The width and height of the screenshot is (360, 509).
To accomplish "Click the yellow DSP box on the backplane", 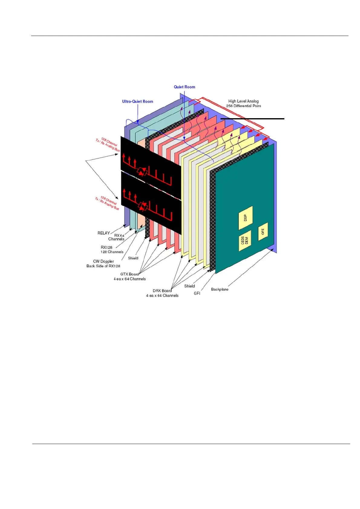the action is click(245, 218).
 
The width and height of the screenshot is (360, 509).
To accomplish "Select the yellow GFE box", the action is click(263, 232).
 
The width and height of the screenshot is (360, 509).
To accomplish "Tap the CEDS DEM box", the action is click(245, 241).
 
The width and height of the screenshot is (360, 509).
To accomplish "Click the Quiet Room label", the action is click(184, 87).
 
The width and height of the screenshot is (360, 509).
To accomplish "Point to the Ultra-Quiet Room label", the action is click(138, 102).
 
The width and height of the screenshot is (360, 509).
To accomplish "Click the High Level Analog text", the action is click(244, 101).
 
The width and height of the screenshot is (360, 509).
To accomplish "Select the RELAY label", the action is click(103, 233).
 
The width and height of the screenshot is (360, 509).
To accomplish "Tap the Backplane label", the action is click(220, 290).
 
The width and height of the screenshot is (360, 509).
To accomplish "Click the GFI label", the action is click(197, 293).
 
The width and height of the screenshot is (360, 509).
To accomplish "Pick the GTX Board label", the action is click(129, 274).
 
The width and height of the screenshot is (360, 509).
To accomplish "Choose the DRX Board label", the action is click(162, 291).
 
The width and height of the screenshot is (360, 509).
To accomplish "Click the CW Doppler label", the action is click(103, 261).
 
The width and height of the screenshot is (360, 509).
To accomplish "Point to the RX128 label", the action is click(106, 248).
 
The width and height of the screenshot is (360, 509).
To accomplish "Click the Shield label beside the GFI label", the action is click(190, 286).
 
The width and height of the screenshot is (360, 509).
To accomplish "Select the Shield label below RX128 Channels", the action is click(133, 258).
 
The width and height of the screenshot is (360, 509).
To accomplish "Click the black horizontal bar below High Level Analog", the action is click(252, 119).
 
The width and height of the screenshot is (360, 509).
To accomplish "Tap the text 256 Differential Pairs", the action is click(244, 106).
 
